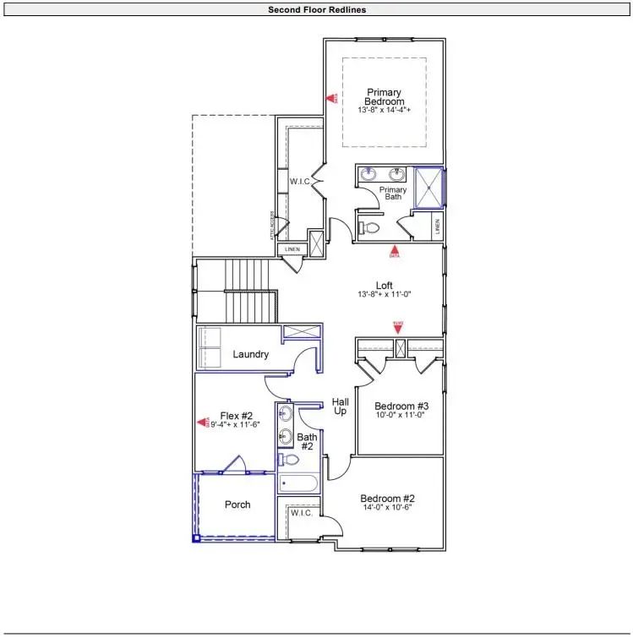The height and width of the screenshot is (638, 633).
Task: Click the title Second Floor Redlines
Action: (x=316, y=9)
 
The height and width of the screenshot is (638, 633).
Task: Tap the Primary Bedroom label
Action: (x=384, y=96)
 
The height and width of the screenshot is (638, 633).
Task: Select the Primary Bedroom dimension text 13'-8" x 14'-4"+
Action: (x=384, y=111)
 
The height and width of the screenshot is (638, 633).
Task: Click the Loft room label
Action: (x=384, y=286)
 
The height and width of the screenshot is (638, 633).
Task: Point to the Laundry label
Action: (x=251, y=354)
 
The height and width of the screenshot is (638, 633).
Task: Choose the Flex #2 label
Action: (x=237, y=415)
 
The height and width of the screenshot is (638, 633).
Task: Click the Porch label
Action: (x=237, y=504)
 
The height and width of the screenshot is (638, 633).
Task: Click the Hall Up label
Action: (x=340, y=406)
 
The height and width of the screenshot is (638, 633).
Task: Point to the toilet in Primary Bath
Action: (x=369, y=226)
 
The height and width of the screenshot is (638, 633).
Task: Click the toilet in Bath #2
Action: (x=290, y=460)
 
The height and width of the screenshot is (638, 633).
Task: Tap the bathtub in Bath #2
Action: (x=297, y=484)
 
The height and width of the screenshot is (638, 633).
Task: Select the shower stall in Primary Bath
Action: (x=428, y=187)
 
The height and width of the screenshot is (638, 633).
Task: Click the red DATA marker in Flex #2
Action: (x=203, y=421)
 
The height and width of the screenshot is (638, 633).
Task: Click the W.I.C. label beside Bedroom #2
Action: (x=302, y=513)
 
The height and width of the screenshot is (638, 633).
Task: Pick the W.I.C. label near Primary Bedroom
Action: (x=298, y=181)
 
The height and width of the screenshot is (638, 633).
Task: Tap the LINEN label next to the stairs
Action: (x=292, y=249)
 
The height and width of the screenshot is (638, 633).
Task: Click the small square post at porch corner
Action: (x=196, y=537)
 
